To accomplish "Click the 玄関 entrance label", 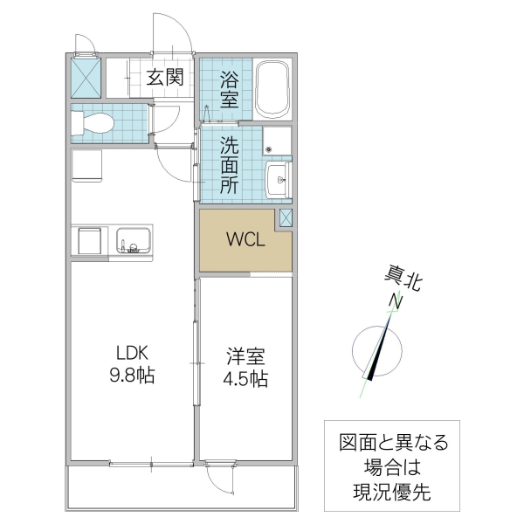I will pos(164,77).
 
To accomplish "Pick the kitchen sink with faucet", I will pos(132,240).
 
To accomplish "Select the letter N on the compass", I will pos(395,302).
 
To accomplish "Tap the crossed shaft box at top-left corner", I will pos(86,77).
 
